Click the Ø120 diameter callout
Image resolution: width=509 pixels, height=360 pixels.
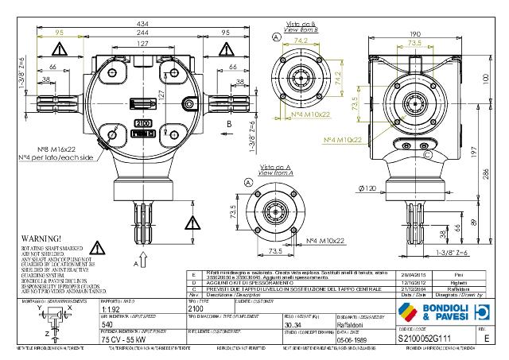pyautogui.click(x=367, y=188)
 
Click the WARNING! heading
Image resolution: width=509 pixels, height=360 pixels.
pyautogui.click(x=35, y=238)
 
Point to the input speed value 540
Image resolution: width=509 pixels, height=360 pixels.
pyautogui.click(x=107, y=324)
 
